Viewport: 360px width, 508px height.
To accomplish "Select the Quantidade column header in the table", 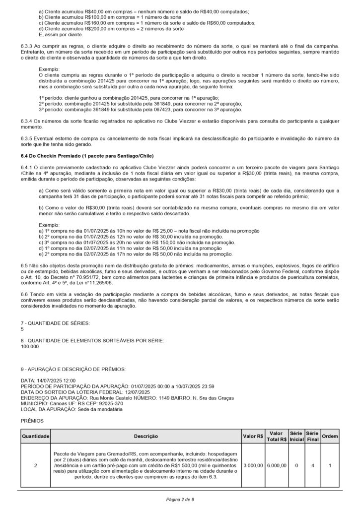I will (x=35, y=436).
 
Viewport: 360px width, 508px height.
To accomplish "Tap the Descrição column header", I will (x=146, y=436).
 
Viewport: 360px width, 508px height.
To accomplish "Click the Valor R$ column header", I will (x=253, y=436).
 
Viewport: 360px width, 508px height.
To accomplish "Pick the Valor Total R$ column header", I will (x=276, y=436).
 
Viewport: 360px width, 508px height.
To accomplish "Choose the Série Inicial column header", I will (x=296, y=436).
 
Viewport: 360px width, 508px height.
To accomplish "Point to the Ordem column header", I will (x=330, y=436).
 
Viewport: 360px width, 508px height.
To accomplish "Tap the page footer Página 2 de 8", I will (x=180, y=499).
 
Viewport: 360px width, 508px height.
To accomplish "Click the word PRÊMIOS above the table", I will (x=32, y=420).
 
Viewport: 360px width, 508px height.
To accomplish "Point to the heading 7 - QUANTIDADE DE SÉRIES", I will (x=56, y=323).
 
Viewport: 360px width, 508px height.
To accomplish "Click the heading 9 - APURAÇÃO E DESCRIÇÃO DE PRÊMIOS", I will (x=73, y=369).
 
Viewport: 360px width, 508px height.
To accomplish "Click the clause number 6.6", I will (x=25, y=294).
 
